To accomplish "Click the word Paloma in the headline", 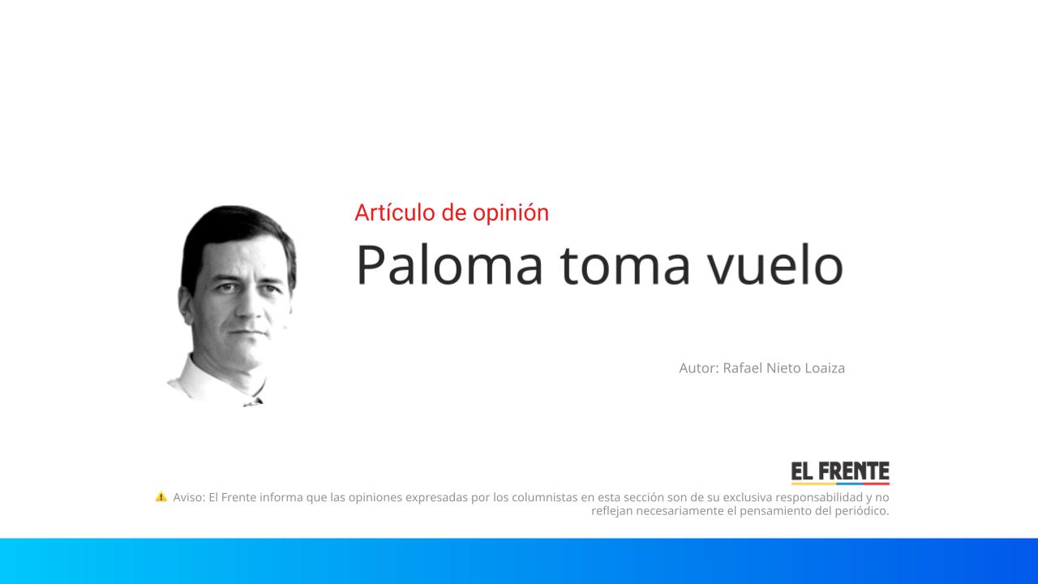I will tap(448, 264).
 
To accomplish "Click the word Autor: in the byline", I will tap(699, 368).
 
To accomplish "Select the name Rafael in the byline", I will tap(743, 368).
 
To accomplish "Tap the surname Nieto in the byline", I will tap(783, 368).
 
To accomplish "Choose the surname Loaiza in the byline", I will tap(825, 368).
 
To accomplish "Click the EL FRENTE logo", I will tap(840, 472).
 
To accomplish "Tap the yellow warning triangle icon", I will tap(161, 496).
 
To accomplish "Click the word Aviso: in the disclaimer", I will tap(189, 497).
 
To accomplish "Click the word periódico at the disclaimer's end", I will tap(862, 511).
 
